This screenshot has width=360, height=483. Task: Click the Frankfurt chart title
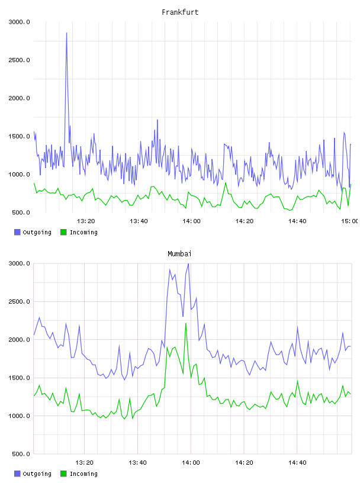180,12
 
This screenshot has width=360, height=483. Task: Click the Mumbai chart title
179,254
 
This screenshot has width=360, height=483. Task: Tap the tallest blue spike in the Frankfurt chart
66,33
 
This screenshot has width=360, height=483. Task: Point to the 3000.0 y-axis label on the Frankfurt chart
19,22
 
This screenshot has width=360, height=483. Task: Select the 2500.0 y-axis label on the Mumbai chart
19,301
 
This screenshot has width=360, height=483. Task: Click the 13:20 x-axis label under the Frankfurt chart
86,221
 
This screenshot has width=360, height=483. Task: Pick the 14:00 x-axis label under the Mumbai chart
191,462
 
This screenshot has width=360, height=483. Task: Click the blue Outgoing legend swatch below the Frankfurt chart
17,232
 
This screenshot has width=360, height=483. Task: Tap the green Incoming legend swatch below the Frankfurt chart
63,232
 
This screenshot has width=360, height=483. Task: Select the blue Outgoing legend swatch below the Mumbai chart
17,474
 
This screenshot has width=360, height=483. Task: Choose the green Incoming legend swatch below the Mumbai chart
63,474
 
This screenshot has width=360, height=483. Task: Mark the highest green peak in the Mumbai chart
185,323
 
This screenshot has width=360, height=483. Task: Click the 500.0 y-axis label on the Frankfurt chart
21,212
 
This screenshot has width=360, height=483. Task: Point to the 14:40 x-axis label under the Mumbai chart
297,462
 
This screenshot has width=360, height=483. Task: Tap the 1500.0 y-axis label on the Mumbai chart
19,378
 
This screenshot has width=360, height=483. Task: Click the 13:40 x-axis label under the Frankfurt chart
139,221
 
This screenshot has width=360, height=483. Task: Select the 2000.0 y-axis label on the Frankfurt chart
19,98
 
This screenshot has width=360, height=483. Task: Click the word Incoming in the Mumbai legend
83,474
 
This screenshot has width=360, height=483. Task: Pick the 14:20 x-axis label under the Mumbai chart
244,462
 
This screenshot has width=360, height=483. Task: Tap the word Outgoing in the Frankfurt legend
37,232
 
